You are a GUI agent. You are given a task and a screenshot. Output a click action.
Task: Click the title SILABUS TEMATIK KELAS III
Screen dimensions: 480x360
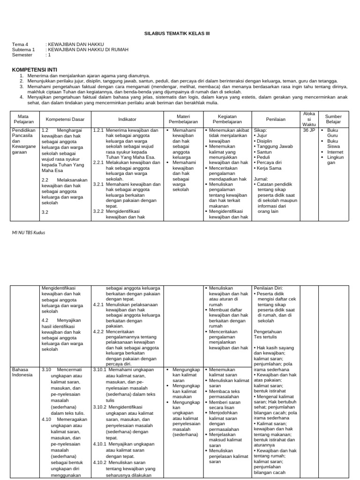coord(180,34)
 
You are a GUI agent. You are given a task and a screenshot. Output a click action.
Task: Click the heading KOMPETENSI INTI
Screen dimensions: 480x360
coord(31,69)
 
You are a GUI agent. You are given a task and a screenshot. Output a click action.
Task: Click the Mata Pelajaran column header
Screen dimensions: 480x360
coord(23,119)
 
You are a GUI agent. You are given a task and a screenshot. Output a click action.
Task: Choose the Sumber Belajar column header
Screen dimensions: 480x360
coord(333,119)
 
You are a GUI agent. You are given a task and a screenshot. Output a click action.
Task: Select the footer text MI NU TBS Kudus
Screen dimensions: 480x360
coord(29,232)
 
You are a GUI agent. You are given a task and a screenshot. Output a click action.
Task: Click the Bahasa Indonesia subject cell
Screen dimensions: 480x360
coord(23,372)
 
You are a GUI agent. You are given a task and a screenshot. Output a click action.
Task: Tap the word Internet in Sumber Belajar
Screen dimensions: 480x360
coord(336,152)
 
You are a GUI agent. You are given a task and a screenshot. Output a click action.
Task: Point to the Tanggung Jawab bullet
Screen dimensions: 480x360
coord(274,146)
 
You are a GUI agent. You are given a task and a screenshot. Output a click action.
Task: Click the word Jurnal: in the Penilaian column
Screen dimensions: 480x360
coord(261,179)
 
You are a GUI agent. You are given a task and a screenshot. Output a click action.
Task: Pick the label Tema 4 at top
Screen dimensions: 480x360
coord(20,44)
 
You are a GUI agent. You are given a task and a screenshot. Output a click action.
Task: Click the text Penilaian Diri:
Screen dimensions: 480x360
coord(268,288)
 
